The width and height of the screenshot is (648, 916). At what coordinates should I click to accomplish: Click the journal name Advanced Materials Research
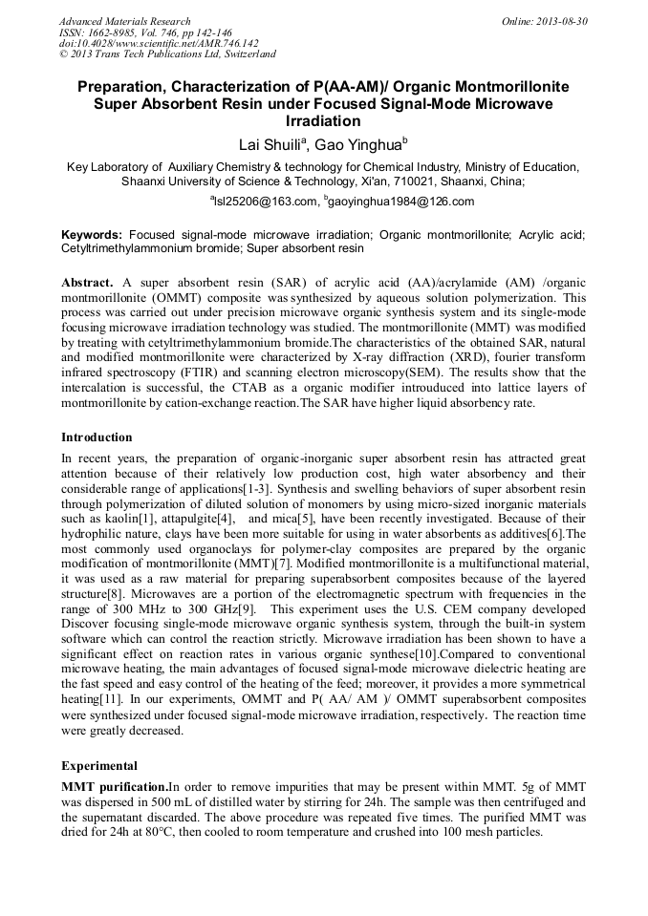pos(124,21)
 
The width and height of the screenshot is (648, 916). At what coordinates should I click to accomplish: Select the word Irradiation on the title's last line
pos(323,121)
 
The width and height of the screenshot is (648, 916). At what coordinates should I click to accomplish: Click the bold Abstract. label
pos(88,284)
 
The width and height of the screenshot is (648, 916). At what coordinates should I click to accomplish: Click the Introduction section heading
pos(97,437)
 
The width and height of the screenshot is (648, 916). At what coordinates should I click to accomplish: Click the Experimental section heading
pos(99,765)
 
